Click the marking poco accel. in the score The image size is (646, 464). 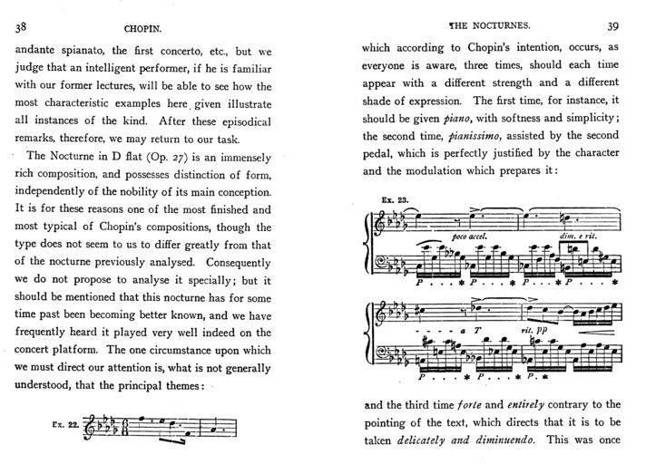[x=468, y=237]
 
